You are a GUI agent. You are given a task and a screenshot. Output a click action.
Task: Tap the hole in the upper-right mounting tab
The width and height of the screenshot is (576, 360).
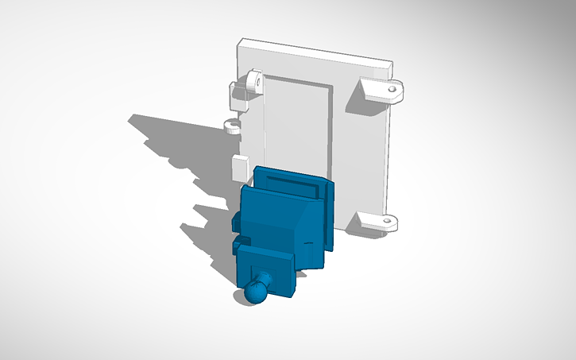click(392, 90)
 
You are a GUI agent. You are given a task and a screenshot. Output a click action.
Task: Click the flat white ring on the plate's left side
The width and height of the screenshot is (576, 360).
click(232, 126)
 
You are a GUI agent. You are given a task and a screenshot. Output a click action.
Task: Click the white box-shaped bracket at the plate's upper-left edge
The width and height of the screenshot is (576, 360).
click(237, 95)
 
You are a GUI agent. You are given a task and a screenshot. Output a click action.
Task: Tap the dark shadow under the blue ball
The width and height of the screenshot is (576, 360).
click(238, 296)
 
